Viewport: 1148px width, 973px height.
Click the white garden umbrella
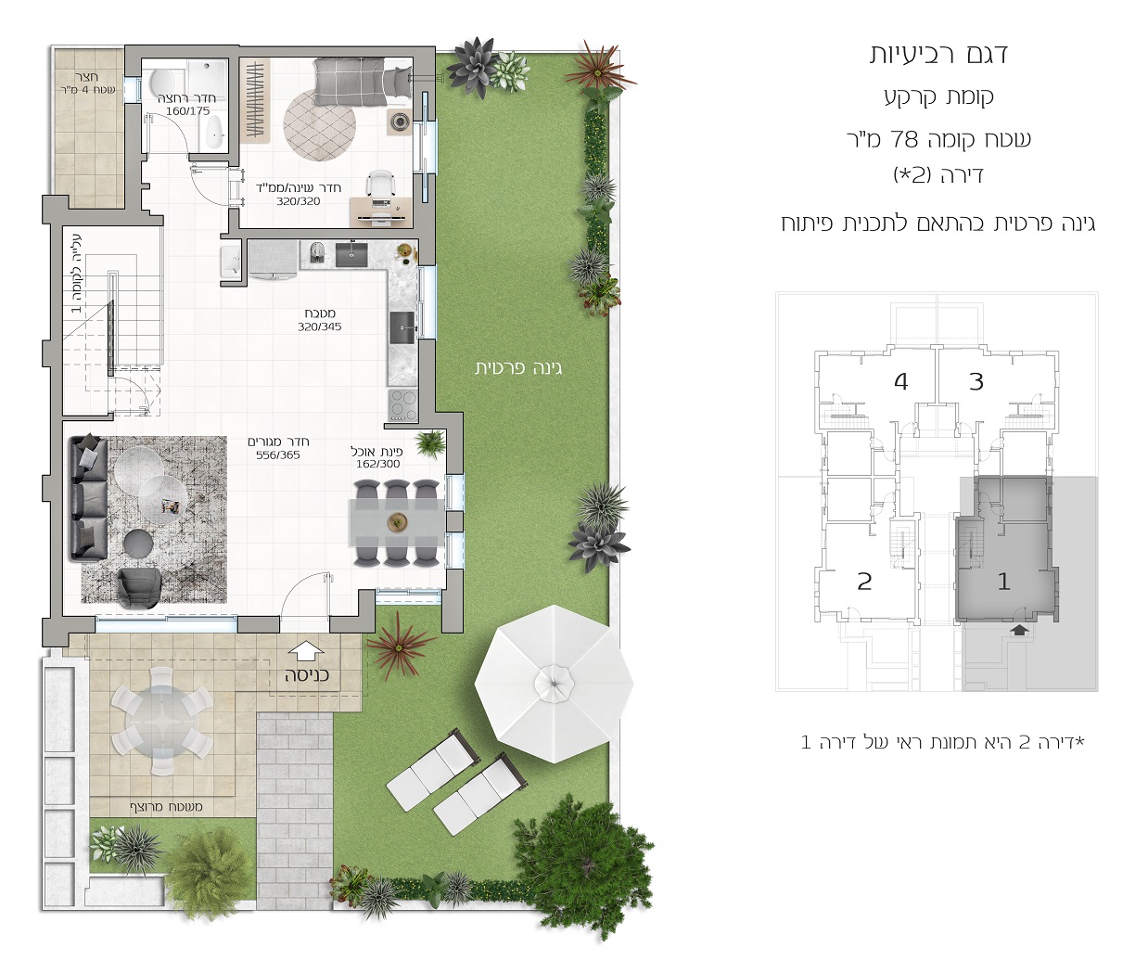click(554, 684)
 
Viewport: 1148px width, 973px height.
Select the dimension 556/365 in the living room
click(277, 455)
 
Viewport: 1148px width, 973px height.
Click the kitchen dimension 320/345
click(319, 326)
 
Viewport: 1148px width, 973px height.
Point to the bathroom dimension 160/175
click(187, 111)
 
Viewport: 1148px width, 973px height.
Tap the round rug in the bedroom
click(320, 125)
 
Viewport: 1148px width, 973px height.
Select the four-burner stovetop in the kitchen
click(403, 404)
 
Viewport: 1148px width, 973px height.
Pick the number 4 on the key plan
click(900, 382)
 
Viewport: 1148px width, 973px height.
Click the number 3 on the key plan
click(976, 382)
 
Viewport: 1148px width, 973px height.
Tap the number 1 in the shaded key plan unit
click(1003, 582)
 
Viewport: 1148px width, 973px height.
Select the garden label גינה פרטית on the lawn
click(518, 368)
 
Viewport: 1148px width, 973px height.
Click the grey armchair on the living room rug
click(139, 588)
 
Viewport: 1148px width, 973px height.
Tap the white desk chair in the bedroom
click(380, 183)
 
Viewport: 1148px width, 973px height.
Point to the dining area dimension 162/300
click(377, 464)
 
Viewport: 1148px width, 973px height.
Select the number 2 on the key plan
click(864, 582)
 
